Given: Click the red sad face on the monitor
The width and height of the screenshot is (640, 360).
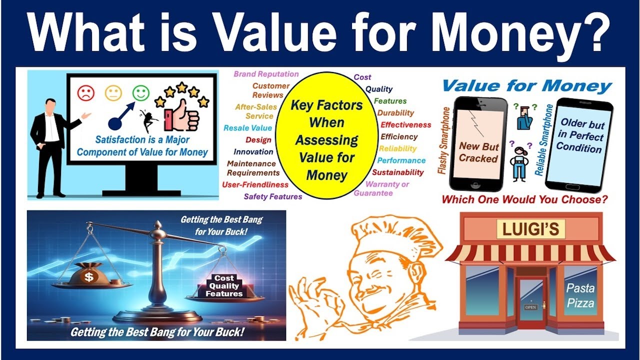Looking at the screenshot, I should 86,92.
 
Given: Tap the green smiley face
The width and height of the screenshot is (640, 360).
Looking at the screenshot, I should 141,92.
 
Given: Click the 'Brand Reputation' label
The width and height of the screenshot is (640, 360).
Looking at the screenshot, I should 266,74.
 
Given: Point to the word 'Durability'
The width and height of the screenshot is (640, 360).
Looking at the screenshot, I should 395,113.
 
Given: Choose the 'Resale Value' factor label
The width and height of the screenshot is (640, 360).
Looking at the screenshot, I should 248,128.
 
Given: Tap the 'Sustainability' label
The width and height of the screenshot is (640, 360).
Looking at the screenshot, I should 398,172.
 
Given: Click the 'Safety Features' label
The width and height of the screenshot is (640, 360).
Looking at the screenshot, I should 273,196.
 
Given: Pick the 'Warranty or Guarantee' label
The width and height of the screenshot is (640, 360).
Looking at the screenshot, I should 381,188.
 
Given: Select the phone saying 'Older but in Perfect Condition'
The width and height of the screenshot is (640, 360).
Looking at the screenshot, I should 579,142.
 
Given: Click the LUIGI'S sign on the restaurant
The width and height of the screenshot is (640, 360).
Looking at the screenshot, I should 530,230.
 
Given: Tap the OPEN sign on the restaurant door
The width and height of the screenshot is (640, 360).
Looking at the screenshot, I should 530,307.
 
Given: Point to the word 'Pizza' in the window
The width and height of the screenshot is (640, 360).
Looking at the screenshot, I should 580,303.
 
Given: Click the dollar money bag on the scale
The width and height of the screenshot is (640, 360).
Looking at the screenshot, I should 88,275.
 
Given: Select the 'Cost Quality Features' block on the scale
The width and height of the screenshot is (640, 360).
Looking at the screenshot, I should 224,286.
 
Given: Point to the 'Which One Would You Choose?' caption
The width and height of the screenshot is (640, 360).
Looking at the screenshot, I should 524,199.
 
